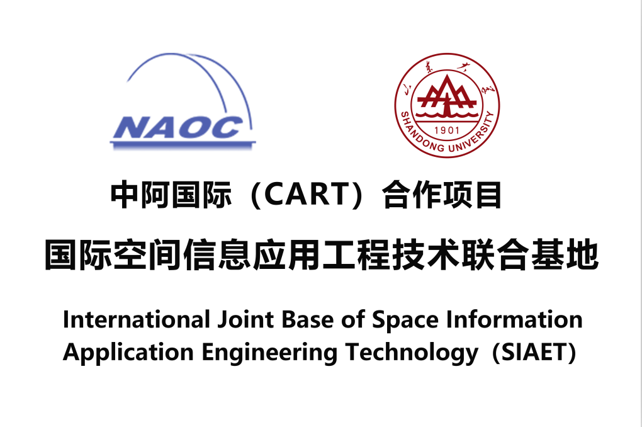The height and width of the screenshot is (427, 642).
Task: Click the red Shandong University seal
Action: (447, 105)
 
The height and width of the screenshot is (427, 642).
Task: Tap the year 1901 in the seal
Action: (447, 130)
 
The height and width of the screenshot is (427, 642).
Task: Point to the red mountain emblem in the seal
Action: (447, 97)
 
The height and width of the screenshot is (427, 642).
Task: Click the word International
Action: (137, 320)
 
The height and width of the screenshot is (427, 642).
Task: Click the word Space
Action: (405, 321)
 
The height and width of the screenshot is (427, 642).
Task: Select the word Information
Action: (514, 320)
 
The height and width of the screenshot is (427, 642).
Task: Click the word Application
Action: (128, 353)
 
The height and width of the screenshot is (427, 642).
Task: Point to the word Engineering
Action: (269, 353)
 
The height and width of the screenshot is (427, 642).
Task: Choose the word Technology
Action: (412, 353)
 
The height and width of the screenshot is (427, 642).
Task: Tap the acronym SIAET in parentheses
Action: (534, 353)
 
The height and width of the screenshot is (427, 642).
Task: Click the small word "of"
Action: (352, 320)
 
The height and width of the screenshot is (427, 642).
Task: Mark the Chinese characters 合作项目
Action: (442, 195)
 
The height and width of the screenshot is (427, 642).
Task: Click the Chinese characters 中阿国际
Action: (171, 195)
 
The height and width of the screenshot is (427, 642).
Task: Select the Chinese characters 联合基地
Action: (531, 255)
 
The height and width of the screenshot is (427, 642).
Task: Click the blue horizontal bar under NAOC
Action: (183, 144)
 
